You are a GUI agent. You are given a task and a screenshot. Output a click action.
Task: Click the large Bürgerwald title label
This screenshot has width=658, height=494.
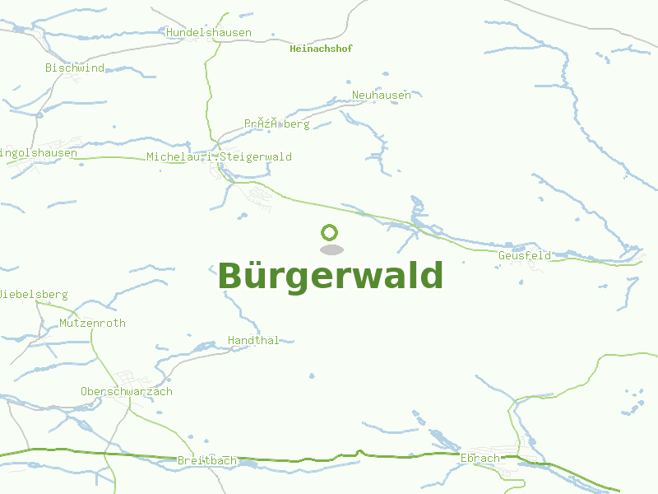(330, 276)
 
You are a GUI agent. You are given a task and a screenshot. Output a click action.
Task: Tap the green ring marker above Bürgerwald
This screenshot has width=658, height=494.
(330, 233)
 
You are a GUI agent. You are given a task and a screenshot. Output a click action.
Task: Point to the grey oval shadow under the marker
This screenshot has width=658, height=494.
(331, 249)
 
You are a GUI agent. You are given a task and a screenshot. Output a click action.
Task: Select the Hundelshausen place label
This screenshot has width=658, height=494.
(209, 33)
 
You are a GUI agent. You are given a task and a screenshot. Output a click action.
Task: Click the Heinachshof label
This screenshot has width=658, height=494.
(321, 49)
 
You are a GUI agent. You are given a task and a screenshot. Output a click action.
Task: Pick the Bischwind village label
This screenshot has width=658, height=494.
(75, 68)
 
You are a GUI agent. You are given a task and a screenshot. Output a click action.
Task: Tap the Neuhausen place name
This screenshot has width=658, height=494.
(382, 96)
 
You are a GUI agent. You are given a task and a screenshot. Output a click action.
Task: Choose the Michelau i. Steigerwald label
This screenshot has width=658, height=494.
(219, 157)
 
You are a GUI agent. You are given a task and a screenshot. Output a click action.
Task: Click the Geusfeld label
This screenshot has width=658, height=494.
(525, 256)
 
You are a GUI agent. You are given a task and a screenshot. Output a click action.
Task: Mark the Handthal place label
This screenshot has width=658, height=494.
(253, 340)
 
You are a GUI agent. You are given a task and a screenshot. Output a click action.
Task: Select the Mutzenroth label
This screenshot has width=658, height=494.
(92, 324)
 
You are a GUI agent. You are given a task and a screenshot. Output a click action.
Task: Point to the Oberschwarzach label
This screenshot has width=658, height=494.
(127, 392)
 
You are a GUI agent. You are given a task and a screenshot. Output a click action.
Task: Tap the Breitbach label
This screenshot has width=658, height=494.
(207, 460)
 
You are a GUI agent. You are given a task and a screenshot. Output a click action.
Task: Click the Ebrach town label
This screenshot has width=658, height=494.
(480, 459)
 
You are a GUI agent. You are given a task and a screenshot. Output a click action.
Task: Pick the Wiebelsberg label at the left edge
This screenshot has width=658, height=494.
(34, 295)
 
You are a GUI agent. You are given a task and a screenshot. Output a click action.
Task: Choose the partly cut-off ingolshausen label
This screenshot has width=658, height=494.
(39, 153)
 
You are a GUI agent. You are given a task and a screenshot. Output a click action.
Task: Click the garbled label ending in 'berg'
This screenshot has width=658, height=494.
(276, 124)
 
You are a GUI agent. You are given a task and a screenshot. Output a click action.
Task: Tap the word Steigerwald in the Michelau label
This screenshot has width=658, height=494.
(256, 157)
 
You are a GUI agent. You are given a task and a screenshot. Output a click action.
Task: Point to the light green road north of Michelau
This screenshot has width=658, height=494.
(207, 82)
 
